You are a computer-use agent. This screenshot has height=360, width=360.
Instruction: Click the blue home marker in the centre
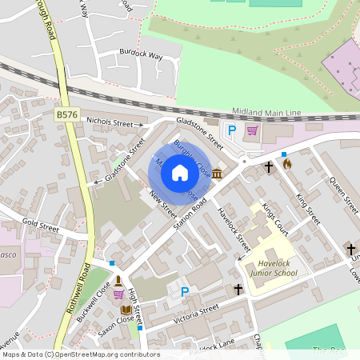180,172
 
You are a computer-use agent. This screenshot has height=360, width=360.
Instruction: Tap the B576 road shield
67,115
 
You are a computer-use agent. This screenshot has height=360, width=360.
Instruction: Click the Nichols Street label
110,123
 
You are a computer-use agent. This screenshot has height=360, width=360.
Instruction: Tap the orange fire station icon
287,164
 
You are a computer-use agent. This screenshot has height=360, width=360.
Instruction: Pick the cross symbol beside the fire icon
269,166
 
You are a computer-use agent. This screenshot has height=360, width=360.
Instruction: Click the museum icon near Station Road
217,174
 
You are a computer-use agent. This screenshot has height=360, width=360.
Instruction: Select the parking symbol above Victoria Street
185,293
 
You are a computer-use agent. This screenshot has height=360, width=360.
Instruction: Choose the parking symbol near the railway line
232,130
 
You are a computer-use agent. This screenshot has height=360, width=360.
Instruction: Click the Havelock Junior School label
273,268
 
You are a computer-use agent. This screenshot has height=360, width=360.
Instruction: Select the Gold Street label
41,227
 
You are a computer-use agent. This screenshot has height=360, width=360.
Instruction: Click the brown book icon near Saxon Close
126,309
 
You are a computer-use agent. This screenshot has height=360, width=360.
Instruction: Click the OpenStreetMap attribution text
81,354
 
